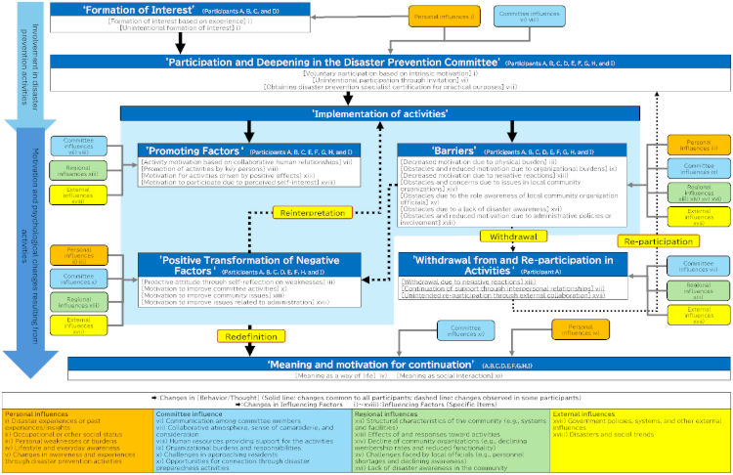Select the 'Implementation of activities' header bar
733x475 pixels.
(380, 114)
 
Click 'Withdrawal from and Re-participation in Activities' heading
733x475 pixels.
(511, 265)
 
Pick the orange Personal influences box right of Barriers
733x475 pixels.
(695, 145)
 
